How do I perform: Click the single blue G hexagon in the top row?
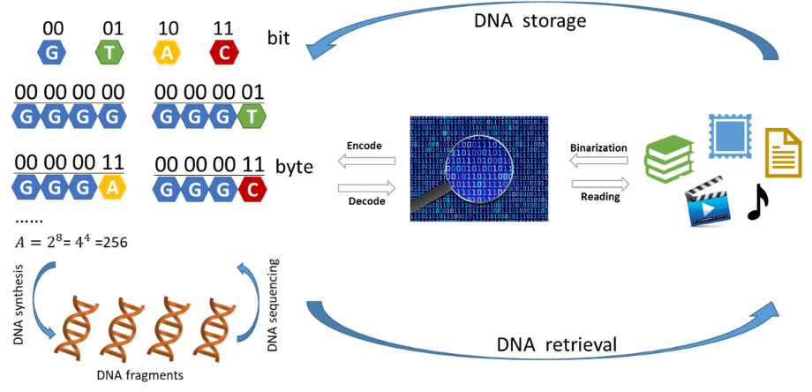(51, 52)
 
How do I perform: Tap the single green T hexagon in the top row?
(109, 52)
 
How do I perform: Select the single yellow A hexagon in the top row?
(166, 52)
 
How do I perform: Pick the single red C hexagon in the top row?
(224, 52)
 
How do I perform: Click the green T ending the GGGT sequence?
(252, 116)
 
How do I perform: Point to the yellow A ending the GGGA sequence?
(111, 186)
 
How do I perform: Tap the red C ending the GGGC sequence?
(252, 189)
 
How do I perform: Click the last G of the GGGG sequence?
(111, 116)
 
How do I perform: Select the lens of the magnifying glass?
(479, 164)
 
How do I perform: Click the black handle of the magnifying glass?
(425, 202)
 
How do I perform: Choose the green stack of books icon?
(668, 158)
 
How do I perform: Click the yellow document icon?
(783, 152)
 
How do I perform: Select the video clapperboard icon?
(708, 202)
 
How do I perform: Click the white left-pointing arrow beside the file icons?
(598, 160)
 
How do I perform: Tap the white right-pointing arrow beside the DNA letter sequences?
(367, 187)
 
